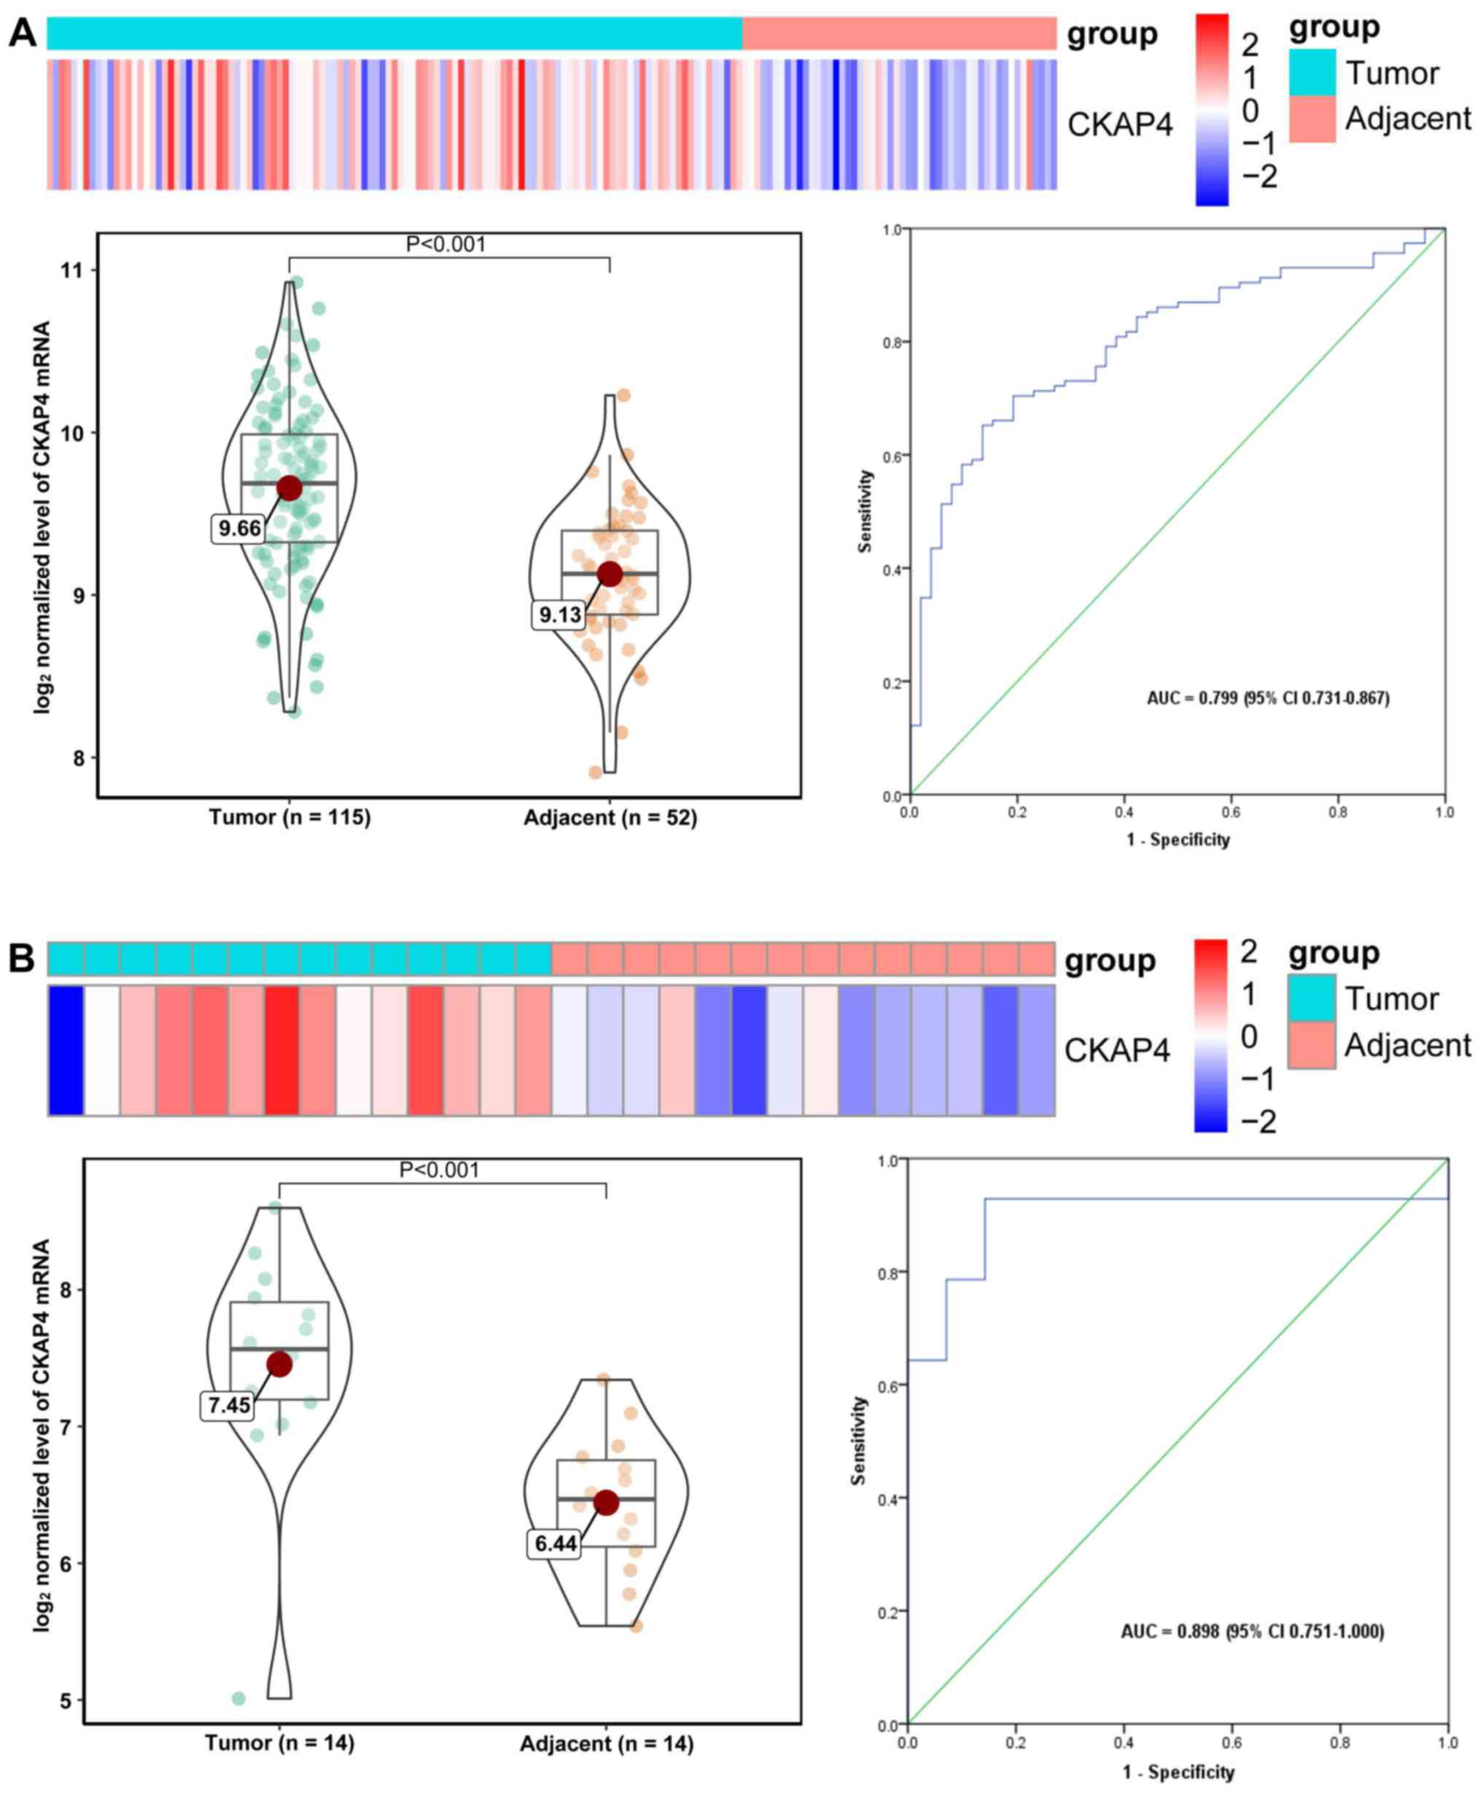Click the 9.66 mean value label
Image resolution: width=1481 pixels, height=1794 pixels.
coord(240,529)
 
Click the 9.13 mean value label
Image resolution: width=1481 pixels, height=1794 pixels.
coord(559,614)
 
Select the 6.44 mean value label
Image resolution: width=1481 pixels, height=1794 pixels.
coord(556,1543)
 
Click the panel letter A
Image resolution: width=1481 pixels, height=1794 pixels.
coord(22,34)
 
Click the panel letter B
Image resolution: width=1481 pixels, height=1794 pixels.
coord(22,958)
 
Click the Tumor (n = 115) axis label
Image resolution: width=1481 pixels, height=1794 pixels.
coord(290,818)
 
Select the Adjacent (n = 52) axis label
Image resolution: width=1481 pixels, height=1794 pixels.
coord(610,818)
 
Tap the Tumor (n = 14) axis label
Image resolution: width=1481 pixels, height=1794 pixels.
coord(279,1742)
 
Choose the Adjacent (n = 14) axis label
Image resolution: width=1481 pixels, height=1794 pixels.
coord(607,1744)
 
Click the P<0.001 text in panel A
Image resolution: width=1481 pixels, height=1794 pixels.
coord(446,245)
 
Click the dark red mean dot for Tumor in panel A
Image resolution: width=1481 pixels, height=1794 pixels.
coord(290,488)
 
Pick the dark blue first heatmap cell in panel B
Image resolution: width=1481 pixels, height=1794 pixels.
coord(66,1050)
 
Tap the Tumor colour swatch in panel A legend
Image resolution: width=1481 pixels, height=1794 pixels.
coord(1312,72)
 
